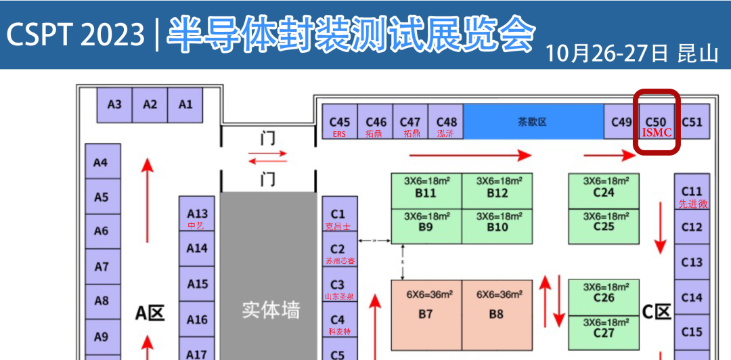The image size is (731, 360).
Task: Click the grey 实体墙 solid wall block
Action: [x=269, y=310]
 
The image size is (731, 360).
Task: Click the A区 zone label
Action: [x=150, y=313]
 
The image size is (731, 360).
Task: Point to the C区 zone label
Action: [x=657, y=312]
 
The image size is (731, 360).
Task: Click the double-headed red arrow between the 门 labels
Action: [x=268, y=158]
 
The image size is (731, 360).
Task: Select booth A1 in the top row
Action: [x=185, y=105]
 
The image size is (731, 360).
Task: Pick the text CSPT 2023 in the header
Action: [x=76, y=34]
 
